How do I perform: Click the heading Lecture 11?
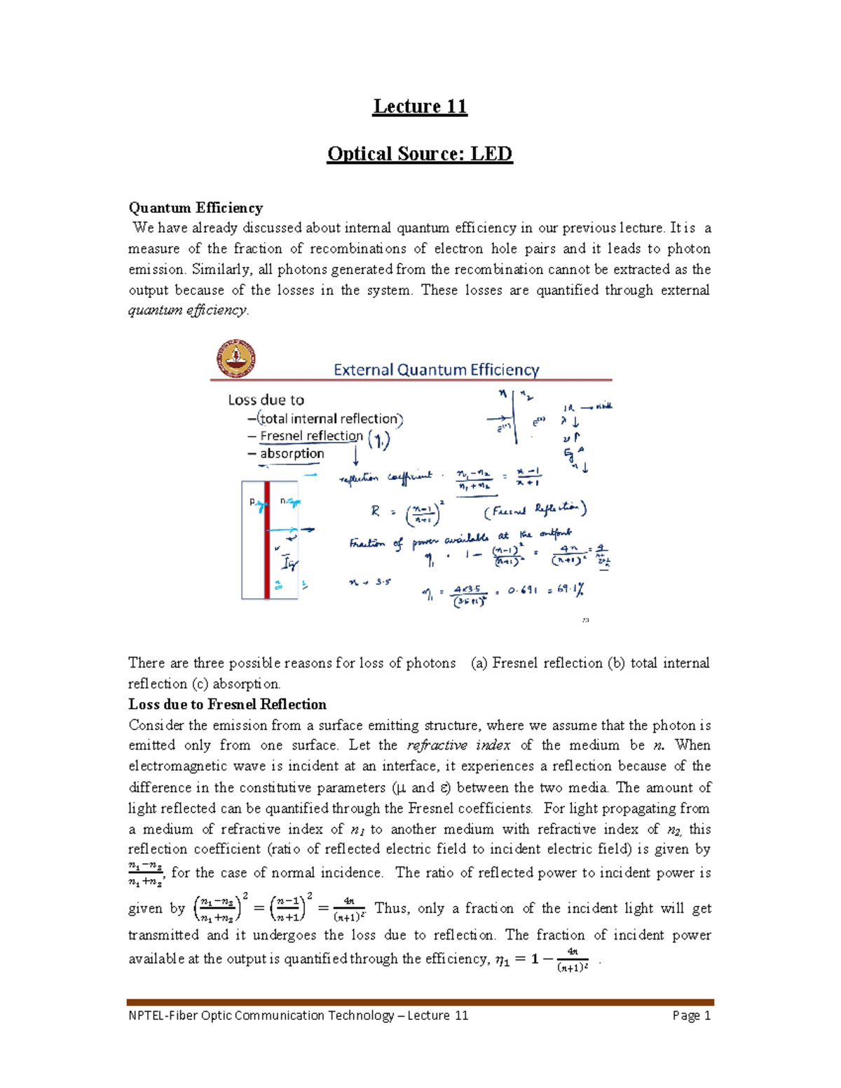pyautogui.click(x=420, y=106)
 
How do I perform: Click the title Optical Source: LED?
pyautogui.click(x=420, y=154)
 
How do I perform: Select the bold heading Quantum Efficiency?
pyautogui.click(x=196, y=207)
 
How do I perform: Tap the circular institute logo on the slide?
pyautogui.click(x=235, y=359)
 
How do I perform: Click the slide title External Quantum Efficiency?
pyautogui.click(x=436, y=370)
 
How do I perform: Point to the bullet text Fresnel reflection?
pyautogui.click(x=311, y=436)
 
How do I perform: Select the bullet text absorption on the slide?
pyautogui.click(x=292, y=453)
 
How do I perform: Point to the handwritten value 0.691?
pyautogui.click(x=523, y=591)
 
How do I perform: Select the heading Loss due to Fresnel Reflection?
pyautogui.click(x=227, y=704)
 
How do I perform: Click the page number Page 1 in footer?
pyautogui.click(x=691, y=1015)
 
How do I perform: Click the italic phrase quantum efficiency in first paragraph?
pyautogui.click(x=187, y=310)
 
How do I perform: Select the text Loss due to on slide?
pyautogui.click(x=266, y=400)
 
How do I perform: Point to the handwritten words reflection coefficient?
pyautogui.click(x=385, y=478)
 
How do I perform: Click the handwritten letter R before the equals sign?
pyautogui.click(x=375, y=511)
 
